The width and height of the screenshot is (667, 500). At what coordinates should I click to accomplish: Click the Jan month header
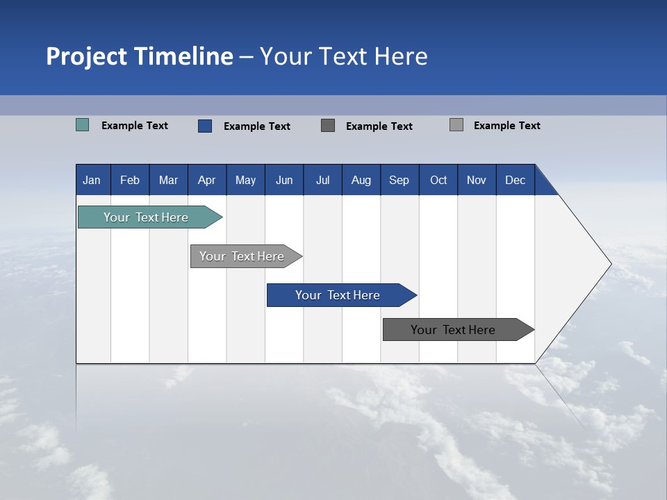pyautogui.click(x=92, y=180)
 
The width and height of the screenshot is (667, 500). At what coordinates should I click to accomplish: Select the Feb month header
pyautogui.click(x=130, y=180)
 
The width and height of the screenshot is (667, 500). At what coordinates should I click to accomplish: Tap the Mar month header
pyautogui.click(x=168, y=180)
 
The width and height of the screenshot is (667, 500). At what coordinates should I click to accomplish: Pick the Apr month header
pyautogui.click(x=207, y=180)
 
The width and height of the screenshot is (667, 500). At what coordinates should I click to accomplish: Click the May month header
pyautogui.click(x=245, y=180)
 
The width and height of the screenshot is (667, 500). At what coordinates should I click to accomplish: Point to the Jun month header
pyautogui.click(x=284, y=180)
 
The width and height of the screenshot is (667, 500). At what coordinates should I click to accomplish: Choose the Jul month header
pyautogui.click(x=322, y=180)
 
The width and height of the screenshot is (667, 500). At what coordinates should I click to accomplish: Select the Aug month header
pyautogui.click(x=361, y=180)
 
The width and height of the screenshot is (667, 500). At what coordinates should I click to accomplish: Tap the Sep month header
pyautogui.click(x=400, y=180)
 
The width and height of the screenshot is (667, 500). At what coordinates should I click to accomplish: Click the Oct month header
pyautogui.click(x=438, y=180)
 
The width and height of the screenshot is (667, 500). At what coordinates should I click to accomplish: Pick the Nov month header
pyautogui.click(x=477, y=180)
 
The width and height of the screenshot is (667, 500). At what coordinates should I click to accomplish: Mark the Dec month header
pyautogui.click(x=516, y=180)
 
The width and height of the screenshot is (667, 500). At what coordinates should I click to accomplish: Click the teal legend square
pyautogui.click(x=83, y=125)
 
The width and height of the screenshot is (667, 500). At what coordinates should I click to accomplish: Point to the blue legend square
pyautogui.click(x=205, y=126)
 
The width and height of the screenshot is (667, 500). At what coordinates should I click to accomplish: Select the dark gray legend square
pyautogui.click(x=328, y=126)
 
